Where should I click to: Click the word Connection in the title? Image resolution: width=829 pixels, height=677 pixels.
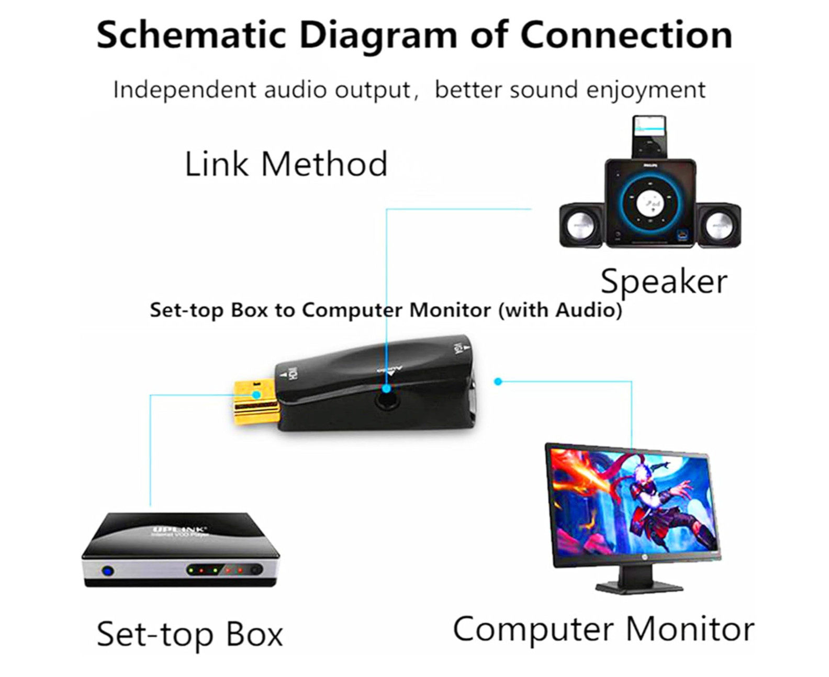[626, 36]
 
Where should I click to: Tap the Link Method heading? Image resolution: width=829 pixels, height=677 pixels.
[286, 164]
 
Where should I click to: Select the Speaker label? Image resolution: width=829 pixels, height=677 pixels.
[664, 281]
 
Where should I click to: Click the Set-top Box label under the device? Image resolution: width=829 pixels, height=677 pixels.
[189, 634]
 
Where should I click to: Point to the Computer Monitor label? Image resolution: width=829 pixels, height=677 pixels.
[603, 629]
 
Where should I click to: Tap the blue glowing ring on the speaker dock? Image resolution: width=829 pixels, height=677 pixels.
[650, 201]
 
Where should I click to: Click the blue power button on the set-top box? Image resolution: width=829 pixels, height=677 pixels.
[108, 571]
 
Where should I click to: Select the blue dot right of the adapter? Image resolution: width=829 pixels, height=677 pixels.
[498, 381]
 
